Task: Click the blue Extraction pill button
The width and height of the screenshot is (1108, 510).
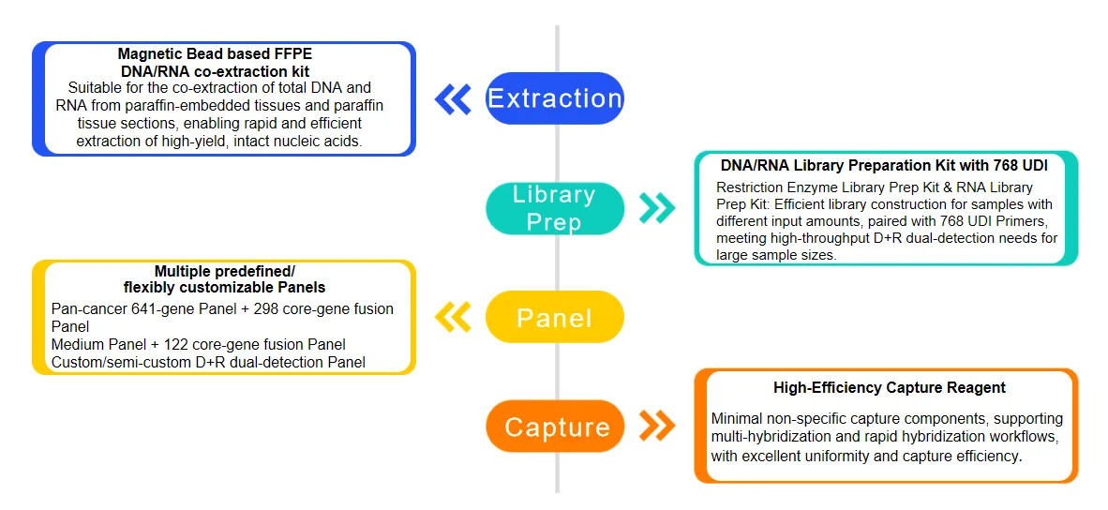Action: click(x=554, y=98)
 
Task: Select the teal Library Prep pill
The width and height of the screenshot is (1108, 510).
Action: click(x=554, y=208)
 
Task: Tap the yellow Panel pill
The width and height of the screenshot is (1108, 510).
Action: click(x=554, y=317)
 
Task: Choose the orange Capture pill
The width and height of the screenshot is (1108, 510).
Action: click(x=556, y=427)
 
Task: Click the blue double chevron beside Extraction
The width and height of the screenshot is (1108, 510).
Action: click(x=454, y=98)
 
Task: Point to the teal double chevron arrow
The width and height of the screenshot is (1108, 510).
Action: click(x=656, y=208)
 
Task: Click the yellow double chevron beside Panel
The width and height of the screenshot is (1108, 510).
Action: click(x=454, y=317)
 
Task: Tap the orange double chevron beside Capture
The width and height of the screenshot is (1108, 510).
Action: click(x=656, y=427)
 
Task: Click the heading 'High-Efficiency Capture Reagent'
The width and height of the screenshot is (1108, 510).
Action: click(x=889, y=387)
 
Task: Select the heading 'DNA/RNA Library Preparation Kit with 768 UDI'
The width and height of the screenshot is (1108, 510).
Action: click(x=884, y=165)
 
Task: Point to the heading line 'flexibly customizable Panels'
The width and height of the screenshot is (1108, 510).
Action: click(x=224, y=287)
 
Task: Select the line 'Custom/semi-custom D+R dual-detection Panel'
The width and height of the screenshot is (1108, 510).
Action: click(x=208, y=362)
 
